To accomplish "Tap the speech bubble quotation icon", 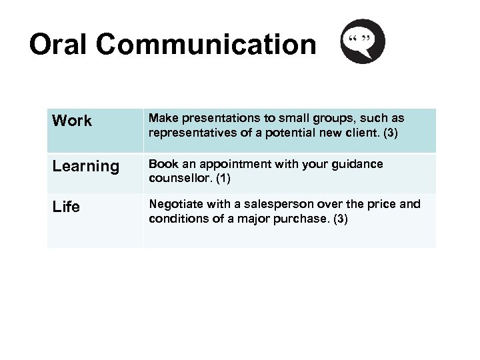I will point(363,41).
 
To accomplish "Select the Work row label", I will point(72,121).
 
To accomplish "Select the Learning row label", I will point(85,167).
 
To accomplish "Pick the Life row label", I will point(66,207).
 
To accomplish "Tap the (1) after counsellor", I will point(223,179).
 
